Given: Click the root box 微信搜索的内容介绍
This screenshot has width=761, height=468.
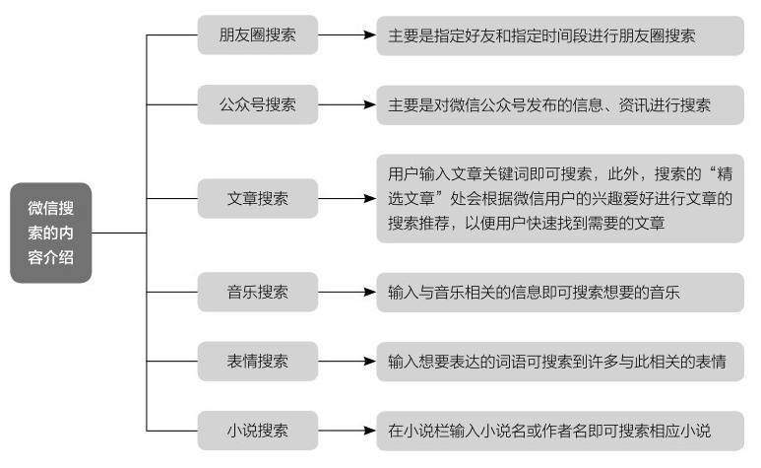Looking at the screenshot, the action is coord(51,233).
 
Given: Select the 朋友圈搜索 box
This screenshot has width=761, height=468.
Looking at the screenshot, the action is coord(258,34).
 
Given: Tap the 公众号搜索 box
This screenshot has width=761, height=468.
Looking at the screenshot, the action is coord(258,104).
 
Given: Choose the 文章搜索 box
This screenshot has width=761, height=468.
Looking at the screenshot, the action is coord(258,199).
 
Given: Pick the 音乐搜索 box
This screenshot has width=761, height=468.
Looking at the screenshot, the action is coord(258,292).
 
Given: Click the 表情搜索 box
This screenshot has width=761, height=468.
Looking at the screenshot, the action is coord(258,362).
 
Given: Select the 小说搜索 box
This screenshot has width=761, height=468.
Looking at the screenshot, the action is coord(258,431).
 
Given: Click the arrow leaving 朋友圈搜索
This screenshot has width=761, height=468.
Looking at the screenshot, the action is coord(347,34).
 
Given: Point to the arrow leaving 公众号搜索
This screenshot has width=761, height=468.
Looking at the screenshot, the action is coord(347,104).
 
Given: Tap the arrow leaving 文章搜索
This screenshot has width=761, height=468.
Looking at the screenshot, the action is coord(347,199).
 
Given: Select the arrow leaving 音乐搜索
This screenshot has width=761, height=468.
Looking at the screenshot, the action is coord(347,292).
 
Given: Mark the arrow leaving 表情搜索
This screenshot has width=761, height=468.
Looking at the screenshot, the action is coord(347,362).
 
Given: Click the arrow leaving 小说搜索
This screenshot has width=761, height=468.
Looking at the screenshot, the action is coord(347,431).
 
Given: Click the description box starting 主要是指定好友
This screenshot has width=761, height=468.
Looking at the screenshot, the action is coord(560,35).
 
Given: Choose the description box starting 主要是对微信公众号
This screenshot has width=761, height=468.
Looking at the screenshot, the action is coord(560,104).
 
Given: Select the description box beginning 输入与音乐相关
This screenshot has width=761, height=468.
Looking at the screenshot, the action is coord(560,293).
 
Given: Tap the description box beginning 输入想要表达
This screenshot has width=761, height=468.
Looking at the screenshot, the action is coord(560,362).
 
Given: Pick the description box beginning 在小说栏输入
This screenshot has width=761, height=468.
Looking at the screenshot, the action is coord(560,432).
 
